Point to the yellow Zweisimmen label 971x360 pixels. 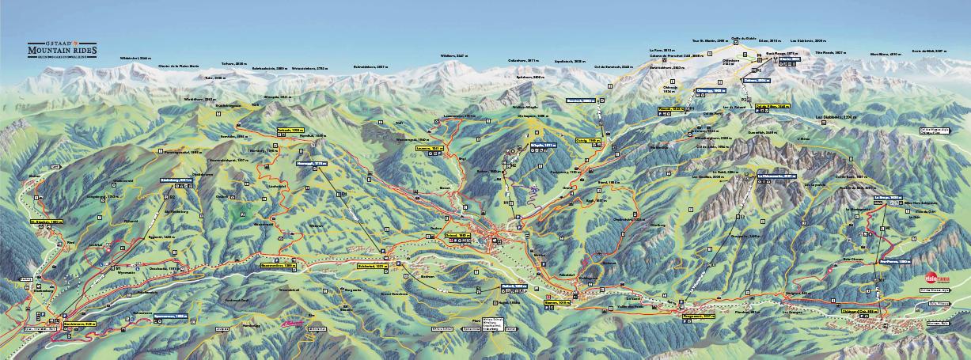pyautogui.click(x=79, y=323)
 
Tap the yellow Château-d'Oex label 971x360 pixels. pyautogui.click(x=855, y=314)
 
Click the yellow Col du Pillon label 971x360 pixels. pyautogui.click(x=772, y=105)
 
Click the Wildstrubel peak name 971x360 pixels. pyautogui.click(x=135, y=59)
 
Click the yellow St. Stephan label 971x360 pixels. pyautogui.click(x=46, y=222)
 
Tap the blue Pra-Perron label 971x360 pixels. pyautogui.click(x=894, y=260)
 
